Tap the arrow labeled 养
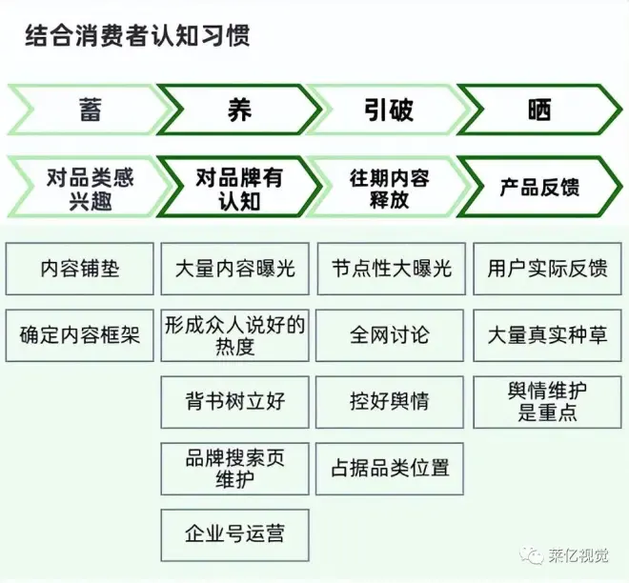238,110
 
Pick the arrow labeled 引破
388,110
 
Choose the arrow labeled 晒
539,110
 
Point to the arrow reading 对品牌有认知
238,188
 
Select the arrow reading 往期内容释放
388,188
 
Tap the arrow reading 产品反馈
539,188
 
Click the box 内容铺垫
80,269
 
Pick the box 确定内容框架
80,335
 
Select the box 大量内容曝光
235,269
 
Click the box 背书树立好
235,401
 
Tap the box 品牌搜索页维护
235,468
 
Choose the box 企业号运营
235,534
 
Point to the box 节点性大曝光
390,269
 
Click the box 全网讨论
390,335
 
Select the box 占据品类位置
390,468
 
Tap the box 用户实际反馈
546,269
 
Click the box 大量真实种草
546,335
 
